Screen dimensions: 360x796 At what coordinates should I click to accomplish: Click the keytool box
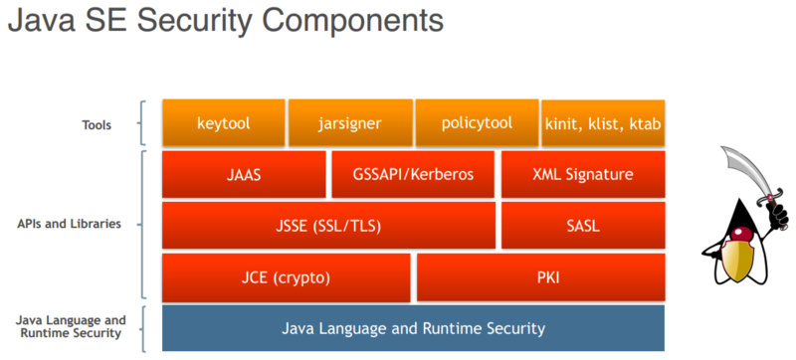pyautogui.click(x=224, y=123)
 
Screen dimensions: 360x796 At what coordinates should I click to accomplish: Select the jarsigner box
pyautogui.click(x=349, y=123)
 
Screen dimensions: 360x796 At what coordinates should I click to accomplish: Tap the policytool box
pyautogui.click(x=476, y=123)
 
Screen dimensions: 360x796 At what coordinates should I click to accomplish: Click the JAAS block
pyautogui.click(x=244, y=174)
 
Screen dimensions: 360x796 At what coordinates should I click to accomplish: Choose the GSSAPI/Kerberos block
pyautogui.click(x=413, y=174)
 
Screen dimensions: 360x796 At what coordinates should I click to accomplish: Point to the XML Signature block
pyautogui.click(x=583, y=174)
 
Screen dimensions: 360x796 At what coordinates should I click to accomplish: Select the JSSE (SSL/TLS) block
pyautogui.click(x=328, y=225)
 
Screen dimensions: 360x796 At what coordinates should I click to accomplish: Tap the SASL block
pyautogui.click(x=583, y=225)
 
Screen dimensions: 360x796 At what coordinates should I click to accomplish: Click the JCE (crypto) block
pyautogui.click(x=287, y=276)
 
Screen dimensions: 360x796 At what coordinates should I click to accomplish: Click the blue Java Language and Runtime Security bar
pyautogui.click(x=413, y=327)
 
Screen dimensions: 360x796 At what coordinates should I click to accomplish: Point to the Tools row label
pyautogui.click(x=97, y=125)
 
